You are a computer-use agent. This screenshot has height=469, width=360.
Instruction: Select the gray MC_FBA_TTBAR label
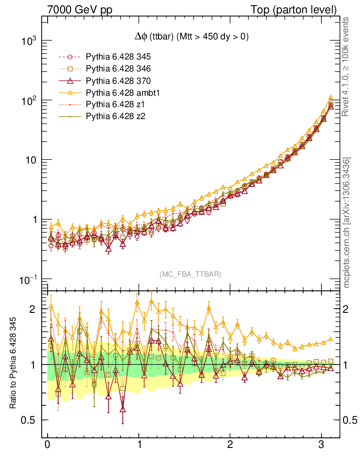pyautogui.click(x=191, y=274)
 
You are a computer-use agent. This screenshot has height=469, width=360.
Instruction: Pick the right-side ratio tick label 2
pyautogui.click(x=349, y=309)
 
